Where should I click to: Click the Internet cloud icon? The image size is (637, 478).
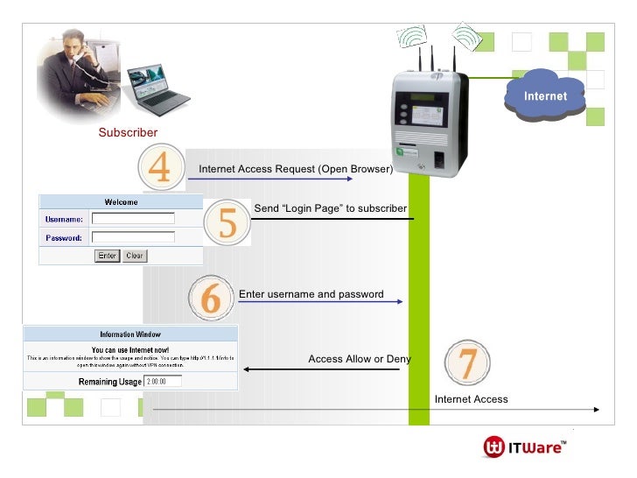pyautogui.click(x=544, y=95)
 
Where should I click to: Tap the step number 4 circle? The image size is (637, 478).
pyautogui.click(x=161, y=169)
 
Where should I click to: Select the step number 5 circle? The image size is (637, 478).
pyautogui.click(x=227, y=223)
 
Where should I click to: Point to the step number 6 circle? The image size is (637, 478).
pyautogui.click(x=211, y=299)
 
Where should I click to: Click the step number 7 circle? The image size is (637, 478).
pyautogui.click(x=468, y=362)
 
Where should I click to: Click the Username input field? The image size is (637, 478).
pyautogui.click(x=133, y=219)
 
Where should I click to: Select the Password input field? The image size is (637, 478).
pyautogui.click(x=133, y=237)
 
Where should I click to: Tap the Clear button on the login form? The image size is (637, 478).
pyautogui.click(x=135, y=256)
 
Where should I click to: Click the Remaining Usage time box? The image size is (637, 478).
pyautogui.click(x=164, y=381)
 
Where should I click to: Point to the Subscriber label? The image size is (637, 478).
pyautogui.click(x=128, y=132)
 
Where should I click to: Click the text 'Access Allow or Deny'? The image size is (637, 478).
pyautogui.click(x=360, y=359)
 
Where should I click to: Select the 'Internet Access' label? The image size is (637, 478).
pyautogui.click(x=471, y=399)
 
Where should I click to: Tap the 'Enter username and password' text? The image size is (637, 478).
pyautogui.click(x=311, y=294)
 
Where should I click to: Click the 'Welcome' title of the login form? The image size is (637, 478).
pyautogui.click(x=121, y=201)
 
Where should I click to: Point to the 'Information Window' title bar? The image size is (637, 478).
pyautogui.click(x=129, y=334)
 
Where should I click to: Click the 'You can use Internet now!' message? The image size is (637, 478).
pyautogui.click(x=129, y=348)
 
